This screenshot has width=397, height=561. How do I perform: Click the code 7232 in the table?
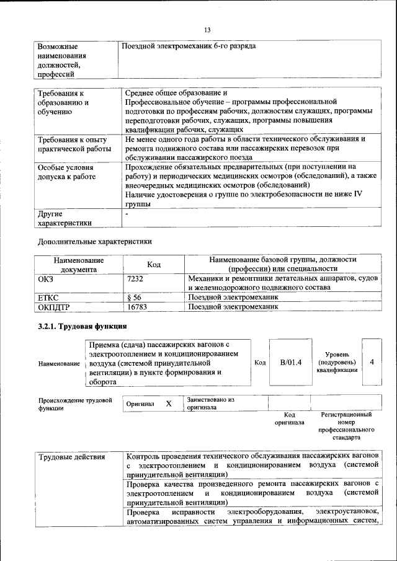(x=135, y=280)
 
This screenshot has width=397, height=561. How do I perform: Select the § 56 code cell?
(x=133, y=298)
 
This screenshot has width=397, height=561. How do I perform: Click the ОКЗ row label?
(x=47, y=280)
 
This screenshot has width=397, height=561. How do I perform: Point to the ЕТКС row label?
(x=48, y=298)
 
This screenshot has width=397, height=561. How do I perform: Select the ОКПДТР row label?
(x=54, y=306)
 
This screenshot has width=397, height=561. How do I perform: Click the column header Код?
(x=154, y=265)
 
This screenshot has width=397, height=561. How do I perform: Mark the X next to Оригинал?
(x=168, y=404)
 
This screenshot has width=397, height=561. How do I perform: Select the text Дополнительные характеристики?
(x=95, y=241)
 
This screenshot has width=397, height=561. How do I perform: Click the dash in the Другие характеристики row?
(x=127, y=214)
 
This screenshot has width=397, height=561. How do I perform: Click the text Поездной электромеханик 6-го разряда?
(x=189, y=46)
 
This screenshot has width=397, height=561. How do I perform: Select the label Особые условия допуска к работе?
(x=66, y=172)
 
